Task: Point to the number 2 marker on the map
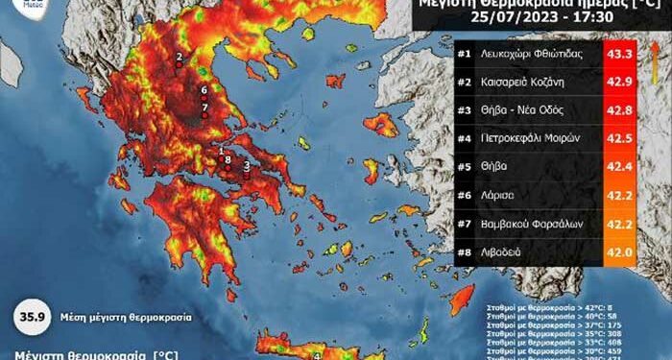(x=179, y=58)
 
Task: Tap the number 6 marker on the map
(x=204, y=90)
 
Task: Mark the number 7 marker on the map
(x=204, y=107)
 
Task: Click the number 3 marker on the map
(x=247, y=166)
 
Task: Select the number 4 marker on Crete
(x=318, y=354)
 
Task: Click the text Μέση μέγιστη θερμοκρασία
(x=124, y=316)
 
